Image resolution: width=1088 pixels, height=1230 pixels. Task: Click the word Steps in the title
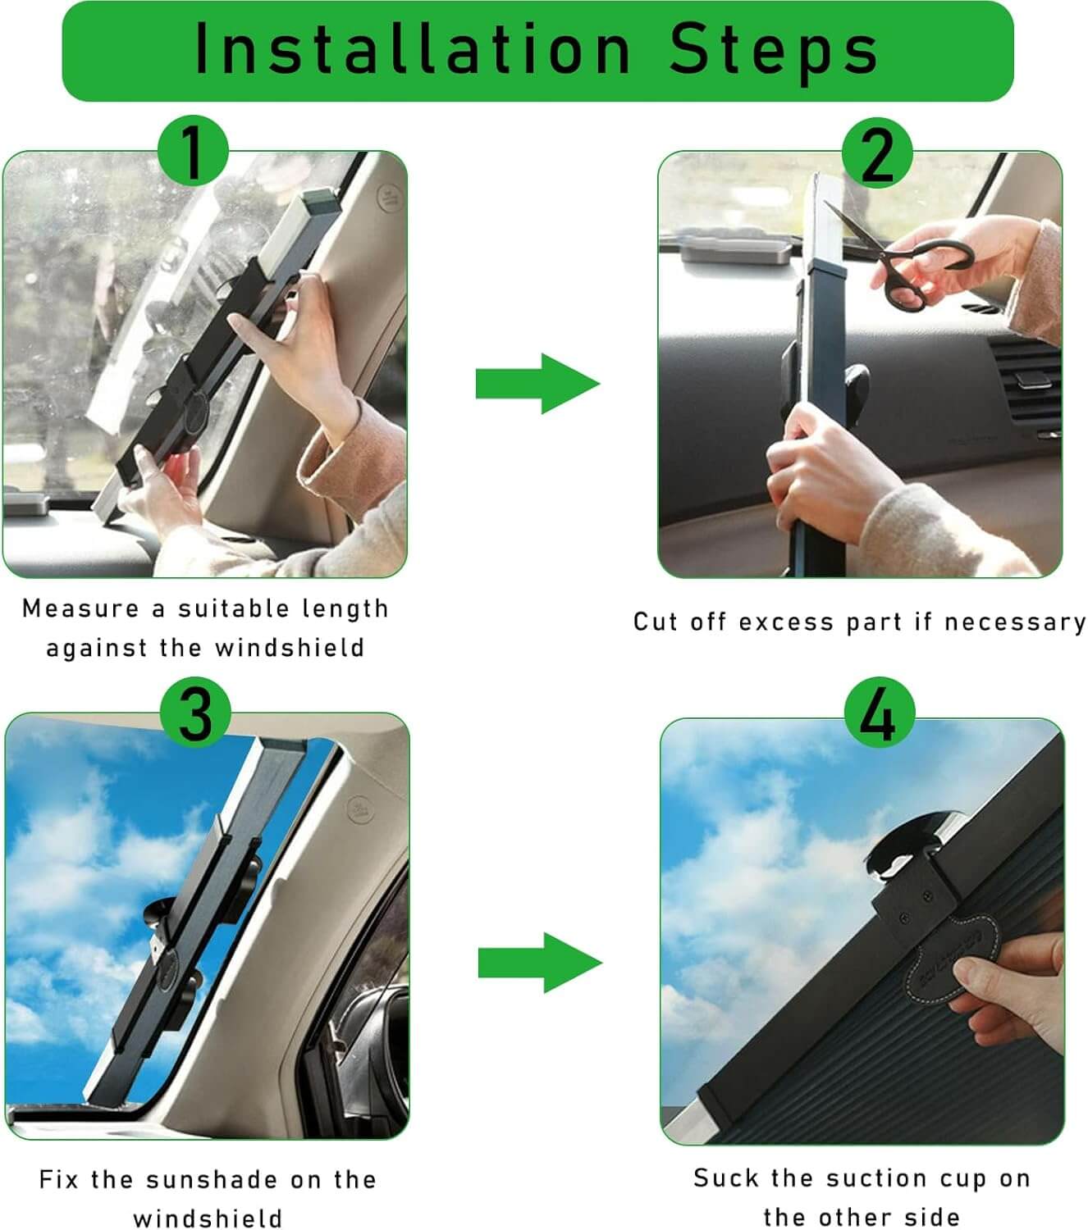pyautogui.click(x=773, y=50)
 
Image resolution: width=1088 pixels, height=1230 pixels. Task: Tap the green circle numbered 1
pyautogui.click(x=193, y=151)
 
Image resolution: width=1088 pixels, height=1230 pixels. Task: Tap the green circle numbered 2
pyautogui.click(x=877, y=153)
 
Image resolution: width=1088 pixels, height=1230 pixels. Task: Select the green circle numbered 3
pyautogui.click(x=195, y=713)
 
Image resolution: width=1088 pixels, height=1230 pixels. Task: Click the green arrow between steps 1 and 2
pyautogui.click(x=537, y=384)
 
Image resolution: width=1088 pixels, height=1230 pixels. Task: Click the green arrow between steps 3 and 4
pyautogui.click(x=540, y=963)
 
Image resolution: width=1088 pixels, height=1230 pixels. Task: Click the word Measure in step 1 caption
pyautogui.click(x=81, y=608)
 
